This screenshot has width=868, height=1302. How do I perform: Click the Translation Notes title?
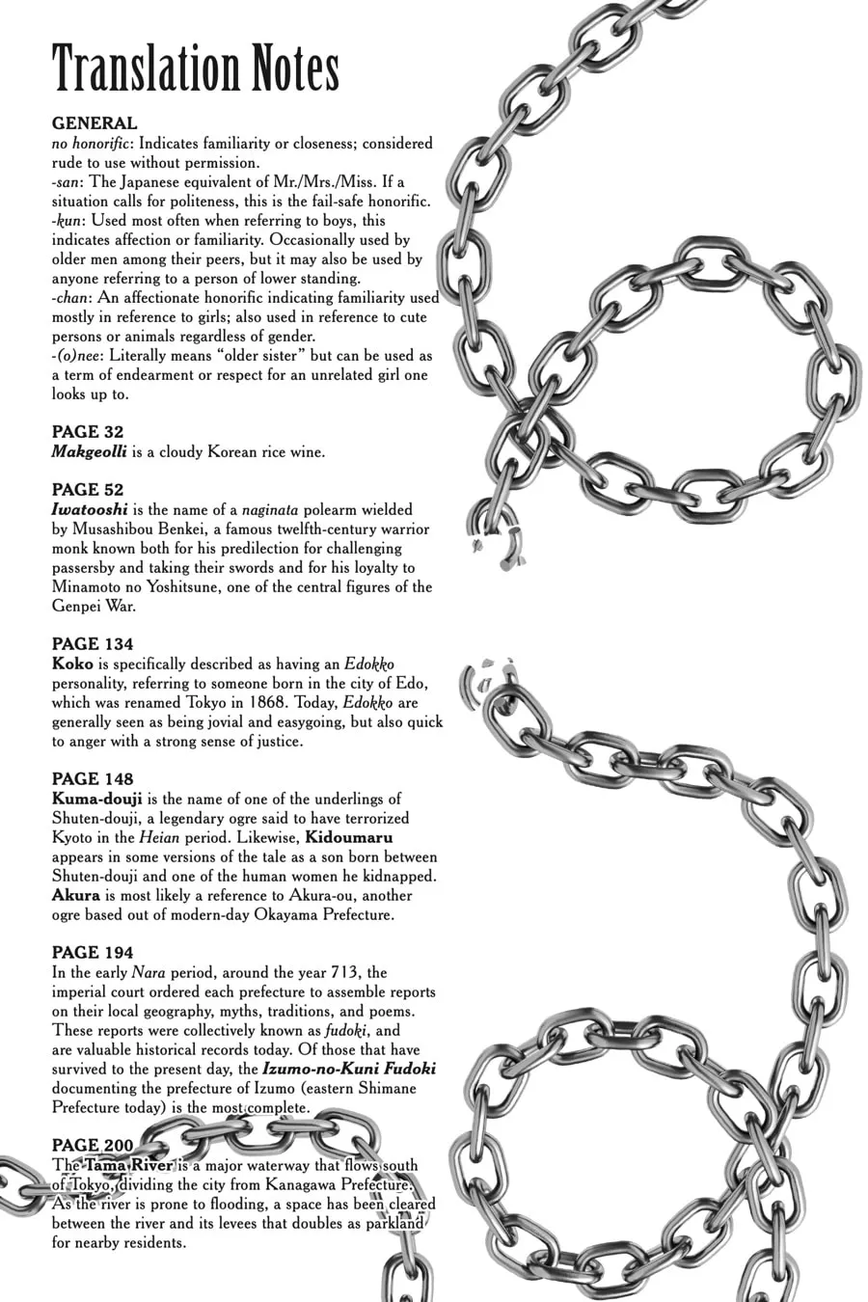click(x=196, y=69)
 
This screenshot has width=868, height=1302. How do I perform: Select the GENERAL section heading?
click(x=95, y=123)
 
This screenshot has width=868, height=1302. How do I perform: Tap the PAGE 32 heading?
click(x=88, y=432)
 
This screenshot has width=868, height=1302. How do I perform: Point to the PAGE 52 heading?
click(x=88, y=490)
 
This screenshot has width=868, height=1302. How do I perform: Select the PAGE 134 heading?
click(x=93, y=644)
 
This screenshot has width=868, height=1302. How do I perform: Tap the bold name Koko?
click(x=72, y=664)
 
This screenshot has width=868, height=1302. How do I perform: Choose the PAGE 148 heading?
click(x=93, y=779)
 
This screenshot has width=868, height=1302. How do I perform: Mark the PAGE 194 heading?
click(x=93, y=953)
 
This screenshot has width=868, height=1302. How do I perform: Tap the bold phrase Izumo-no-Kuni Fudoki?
click(x=349, y=1069)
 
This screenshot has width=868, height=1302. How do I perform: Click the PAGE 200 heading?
click(x=93, y=1146)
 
